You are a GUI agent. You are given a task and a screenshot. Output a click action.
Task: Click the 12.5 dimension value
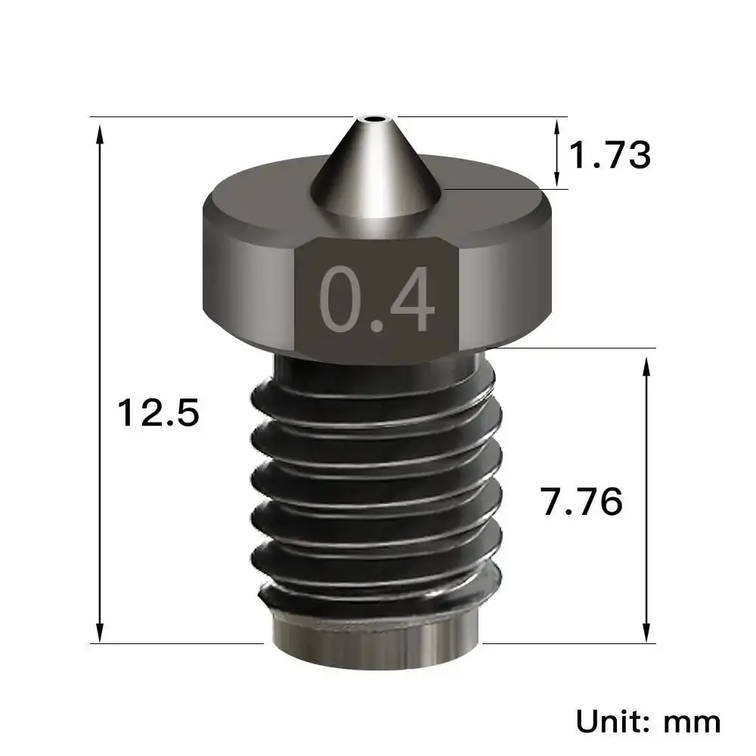pyautogui.click(x=157, y=414)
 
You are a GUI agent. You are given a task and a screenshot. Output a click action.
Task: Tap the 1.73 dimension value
pyautogui.click(x=609, y=156)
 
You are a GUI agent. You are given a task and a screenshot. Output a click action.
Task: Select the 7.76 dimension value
pyautogui.click(x=581, y=501)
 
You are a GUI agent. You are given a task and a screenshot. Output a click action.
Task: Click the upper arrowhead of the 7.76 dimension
pyautogui.click(x=646, y=365)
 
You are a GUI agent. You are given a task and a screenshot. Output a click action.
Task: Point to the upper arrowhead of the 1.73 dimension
pyautogui.click(x=558, y=125)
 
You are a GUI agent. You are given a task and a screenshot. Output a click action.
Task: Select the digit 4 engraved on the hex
pyautogui.click(x=413, y=299)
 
